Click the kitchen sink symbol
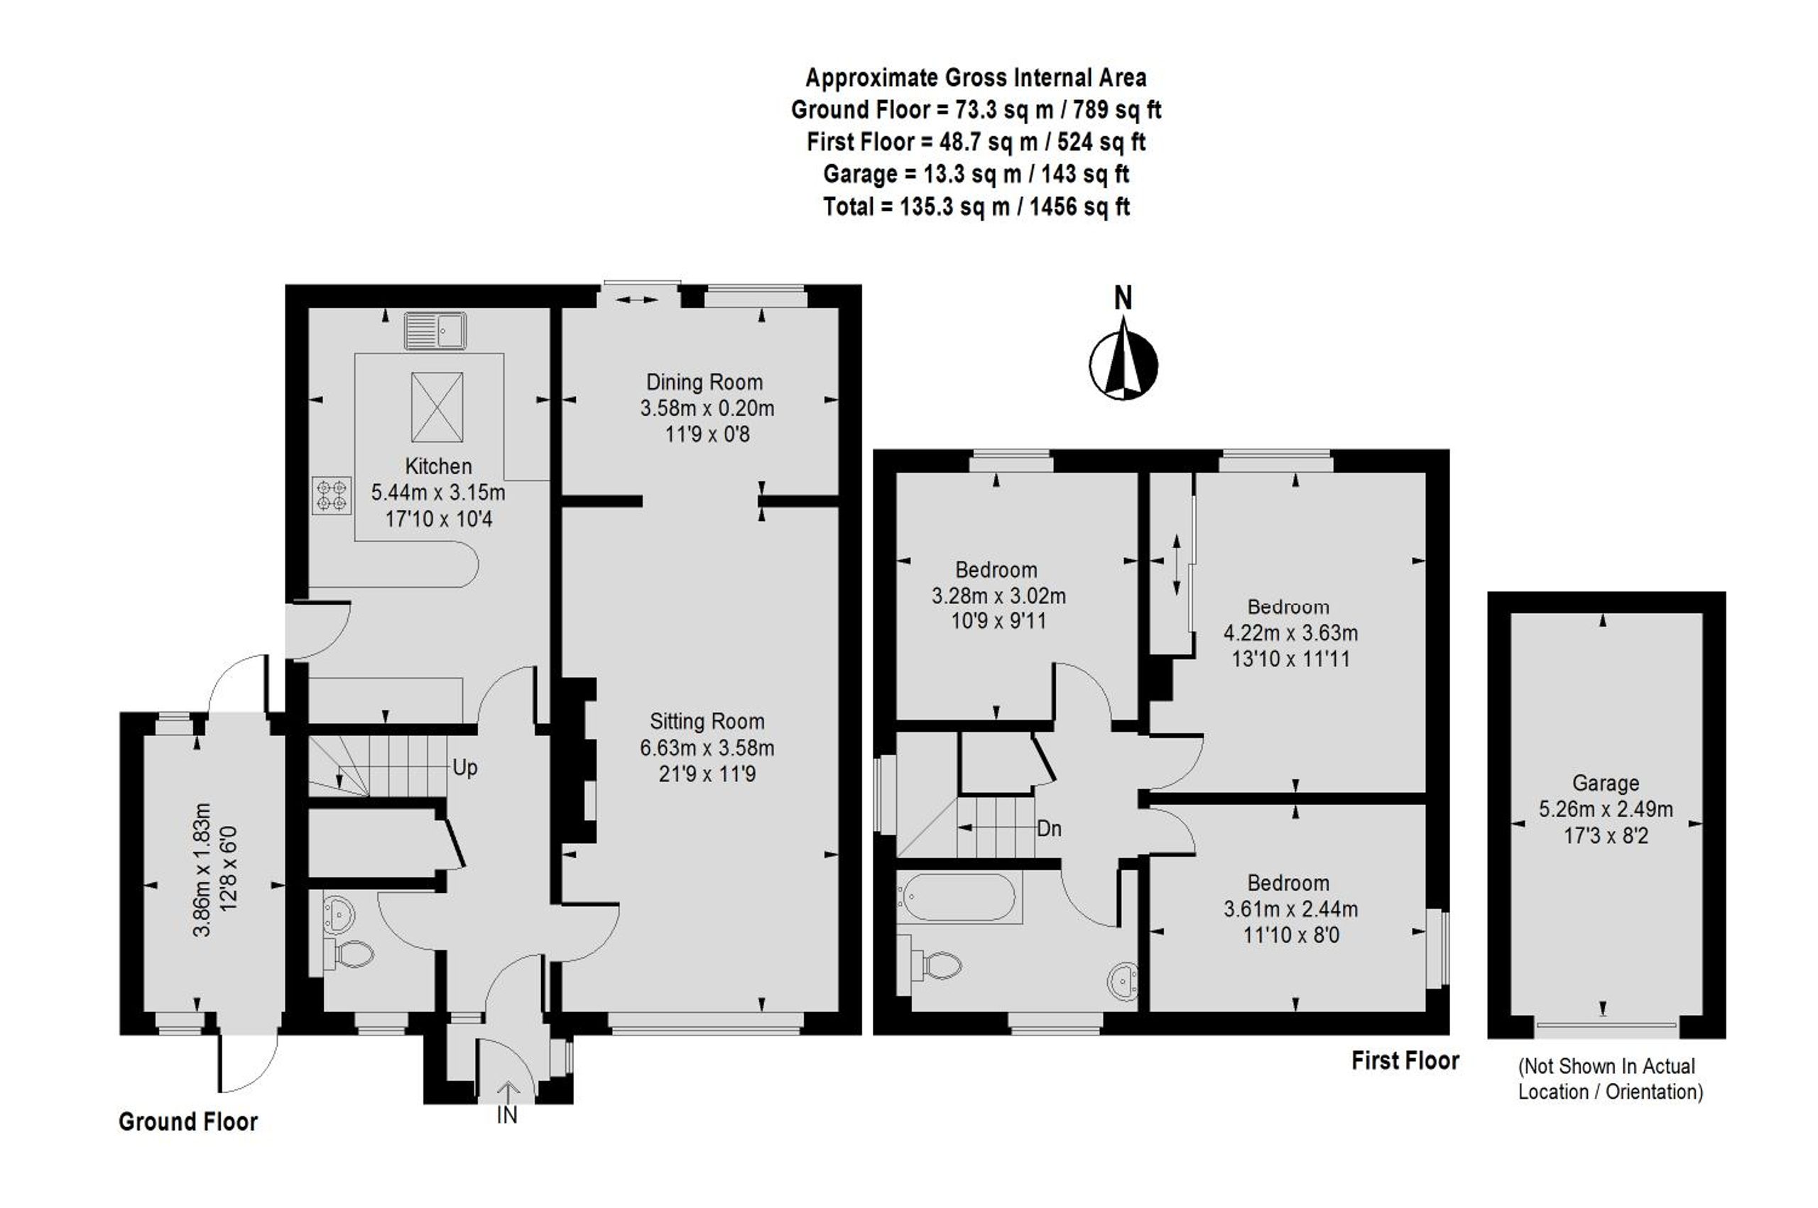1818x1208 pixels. click(435, 331)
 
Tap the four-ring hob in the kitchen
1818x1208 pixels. click(332, 495)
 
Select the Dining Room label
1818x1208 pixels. click(704, 382)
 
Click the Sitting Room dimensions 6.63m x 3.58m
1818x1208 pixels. click(707, 747)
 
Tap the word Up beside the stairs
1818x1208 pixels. click(464, 768)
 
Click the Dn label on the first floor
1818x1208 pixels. click(1049, 829)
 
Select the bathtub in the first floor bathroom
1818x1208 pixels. click(959, 898)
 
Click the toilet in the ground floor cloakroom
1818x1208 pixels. click(349, 954)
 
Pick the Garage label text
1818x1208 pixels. click(1605, 784)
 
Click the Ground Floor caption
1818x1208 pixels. click(188, 1121)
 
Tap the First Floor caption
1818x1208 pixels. click(1405, 1061)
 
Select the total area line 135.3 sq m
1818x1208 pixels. click(976, 207)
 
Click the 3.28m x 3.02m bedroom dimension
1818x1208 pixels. click(998, 595)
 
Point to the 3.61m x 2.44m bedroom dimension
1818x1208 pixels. click(1291, 909)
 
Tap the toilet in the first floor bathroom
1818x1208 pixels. click(934, 964)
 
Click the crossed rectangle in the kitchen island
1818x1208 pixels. click(437, 407)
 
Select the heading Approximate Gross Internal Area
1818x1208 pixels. click(976, 78)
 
